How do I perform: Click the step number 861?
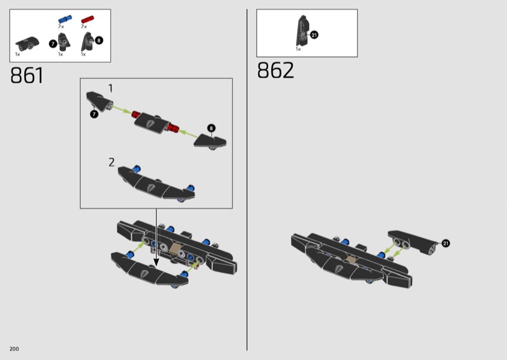click(27, 75)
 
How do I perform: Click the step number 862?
click(276, 70)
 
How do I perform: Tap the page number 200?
click(14, 349)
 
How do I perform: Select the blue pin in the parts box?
click(65, 20)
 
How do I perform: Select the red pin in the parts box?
click(87, 20)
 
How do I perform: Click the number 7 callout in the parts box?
click(53, 44)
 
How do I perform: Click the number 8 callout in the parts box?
click(99, 41)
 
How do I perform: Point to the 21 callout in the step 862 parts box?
click(314, 35)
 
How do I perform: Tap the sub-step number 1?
click(110, 88)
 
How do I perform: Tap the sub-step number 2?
click(112, 162)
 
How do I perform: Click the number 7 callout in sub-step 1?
click(94, 114)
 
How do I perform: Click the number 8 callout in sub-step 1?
click(211, 128)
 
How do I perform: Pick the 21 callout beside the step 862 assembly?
click(446, 243)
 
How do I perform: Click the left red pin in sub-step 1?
click(136, 115)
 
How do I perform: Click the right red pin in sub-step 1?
click(174, 128)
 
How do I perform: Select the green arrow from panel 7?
click(122, 109)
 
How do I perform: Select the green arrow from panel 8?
click(188, 134)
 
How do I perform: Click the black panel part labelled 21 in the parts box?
click(302, 30)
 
